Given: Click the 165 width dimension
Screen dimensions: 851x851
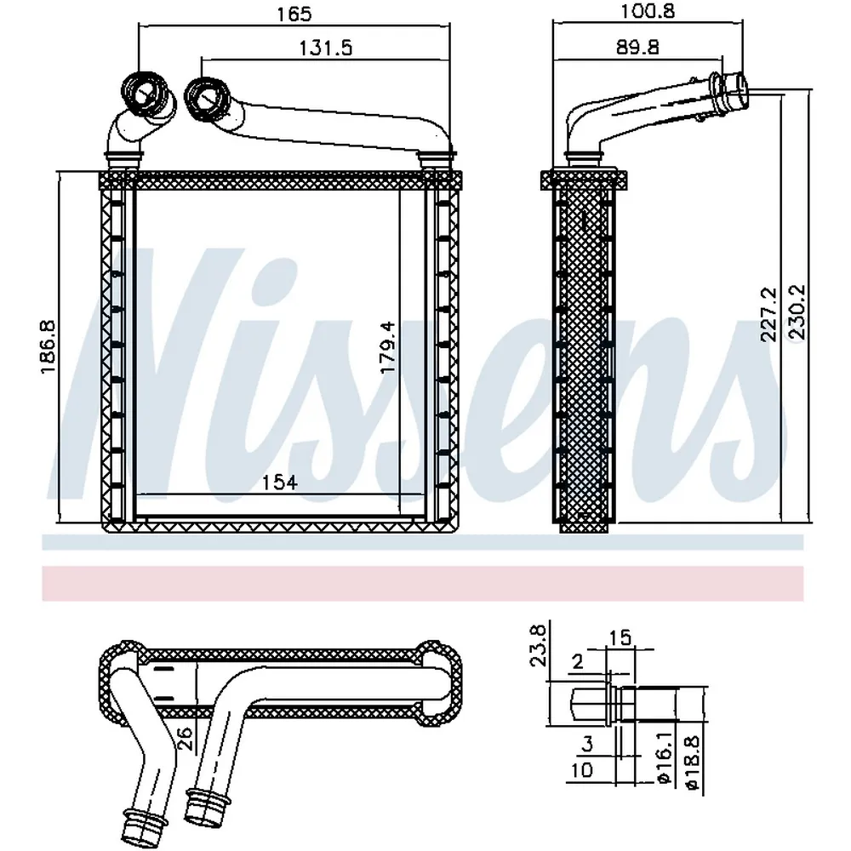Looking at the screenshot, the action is click(294, 14).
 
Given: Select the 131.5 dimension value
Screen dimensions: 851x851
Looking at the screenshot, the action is click(326, 49).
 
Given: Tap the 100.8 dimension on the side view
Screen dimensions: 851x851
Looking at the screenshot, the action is click(648, 11).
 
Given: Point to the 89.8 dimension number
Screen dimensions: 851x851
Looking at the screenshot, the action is click(637, 47).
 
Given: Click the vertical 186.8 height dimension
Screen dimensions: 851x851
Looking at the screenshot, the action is click(49, 346).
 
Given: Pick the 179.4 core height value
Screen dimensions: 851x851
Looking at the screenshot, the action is click(387, 347).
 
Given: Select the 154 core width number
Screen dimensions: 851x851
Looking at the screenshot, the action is click(279, 482).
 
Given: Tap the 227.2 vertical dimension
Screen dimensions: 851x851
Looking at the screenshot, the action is click(768, 314).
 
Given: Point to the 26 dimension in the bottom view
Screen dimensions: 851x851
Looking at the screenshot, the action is click(186, 739).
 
